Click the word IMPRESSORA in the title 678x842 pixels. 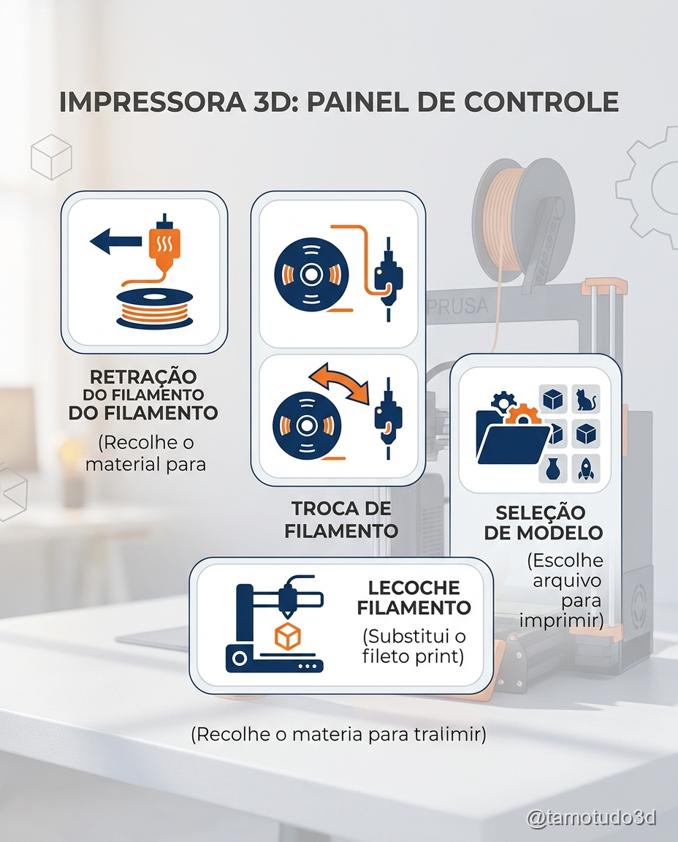tap(152, 102)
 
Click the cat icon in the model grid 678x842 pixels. tap(586, 399)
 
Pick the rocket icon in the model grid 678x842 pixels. tap(585, 468)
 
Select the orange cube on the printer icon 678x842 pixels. tap(287, 637)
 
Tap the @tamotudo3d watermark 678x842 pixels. tap(591, 818)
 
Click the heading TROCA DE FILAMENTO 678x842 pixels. tap(341, 519)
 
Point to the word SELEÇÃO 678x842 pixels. tap(540, 512)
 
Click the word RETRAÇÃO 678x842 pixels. tap(143, 376)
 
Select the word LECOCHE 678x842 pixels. tap(414, 588)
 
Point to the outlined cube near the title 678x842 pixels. tap(51, 157)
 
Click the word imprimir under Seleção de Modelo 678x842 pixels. tap(562, 621)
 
